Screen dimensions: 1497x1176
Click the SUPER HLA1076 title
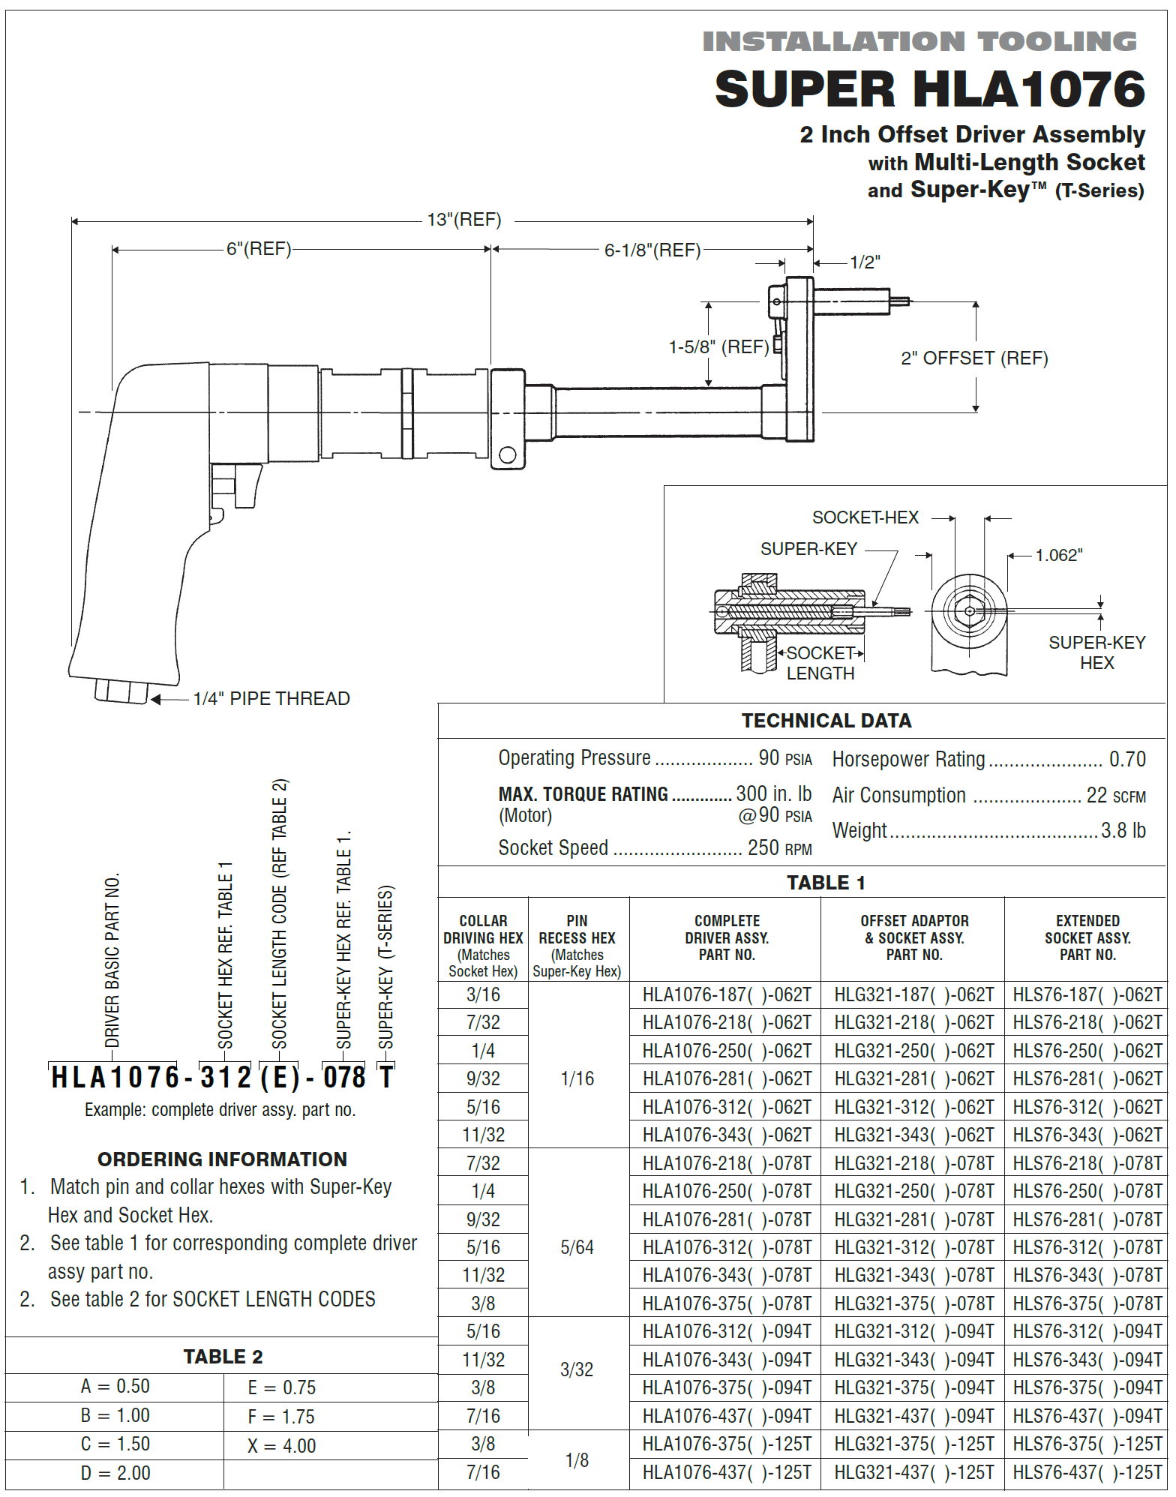pos(929,89)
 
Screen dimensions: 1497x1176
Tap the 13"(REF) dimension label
pos(464,220)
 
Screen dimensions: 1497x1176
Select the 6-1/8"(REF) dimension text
pos(652,250)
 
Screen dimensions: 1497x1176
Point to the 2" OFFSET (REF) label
pos(974,358)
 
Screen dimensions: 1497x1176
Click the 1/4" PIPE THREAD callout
pos(271,698)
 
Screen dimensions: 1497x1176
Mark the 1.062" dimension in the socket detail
pos(1058,555)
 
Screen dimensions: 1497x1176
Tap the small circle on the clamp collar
pos(507,454)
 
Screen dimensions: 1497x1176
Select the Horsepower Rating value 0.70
pos(1127,759)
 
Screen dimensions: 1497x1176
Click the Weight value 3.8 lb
pos(1123,830)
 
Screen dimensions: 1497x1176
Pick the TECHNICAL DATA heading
pos(826,721)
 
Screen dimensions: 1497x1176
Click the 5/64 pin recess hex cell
pos(577,1247)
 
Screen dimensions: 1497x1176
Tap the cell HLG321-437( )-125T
pos(913,1473)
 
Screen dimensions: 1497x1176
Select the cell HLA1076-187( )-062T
pos(726,994)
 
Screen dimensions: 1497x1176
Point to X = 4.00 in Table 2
pos(281,1446)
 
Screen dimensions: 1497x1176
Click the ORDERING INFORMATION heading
pos(222,1159)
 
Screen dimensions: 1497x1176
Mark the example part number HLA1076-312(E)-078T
pos(221,1077)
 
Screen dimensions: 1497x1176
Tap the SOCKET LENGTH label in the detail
pos(820,663)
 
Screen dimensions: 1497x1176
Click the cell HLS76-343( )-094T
pos(1087,1360)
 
